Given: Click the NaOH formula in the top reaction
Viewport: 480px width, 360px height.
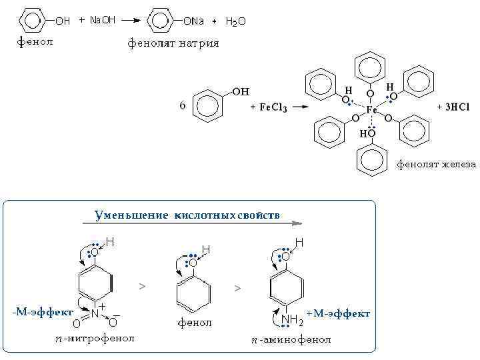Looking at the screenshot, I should click(x=102, y=20).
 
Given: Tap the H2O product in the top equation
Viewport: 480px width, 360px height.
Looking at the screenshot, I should click(x=235, y=21).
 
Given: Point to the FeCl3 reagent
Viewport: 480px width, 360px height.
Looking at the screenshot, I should click(x=272, y=107).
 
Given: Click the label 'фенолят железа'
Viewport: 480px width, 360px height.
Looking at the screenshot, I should click(x=437, y=164).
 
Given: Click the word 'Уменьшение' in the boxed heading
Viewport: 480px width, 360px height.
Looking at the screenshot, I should click(x=132, y=215).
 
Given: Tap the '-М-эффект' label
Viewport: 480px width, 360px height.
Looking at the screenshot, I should click(x=43, y=311).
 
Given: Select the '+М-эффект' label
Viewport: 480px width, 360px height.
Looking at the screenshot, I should click(x=339, y=313).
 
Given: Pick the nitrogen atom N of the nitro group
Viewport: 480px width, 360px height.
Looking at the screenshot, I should click(x=95, y=312).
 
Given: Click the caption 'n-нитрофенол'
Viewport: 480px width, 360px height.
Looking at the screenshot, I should click(x=95, y=339).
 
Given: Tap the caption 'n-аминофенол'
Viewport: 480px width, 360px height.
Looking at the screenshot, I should click(x=291, y=340).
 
